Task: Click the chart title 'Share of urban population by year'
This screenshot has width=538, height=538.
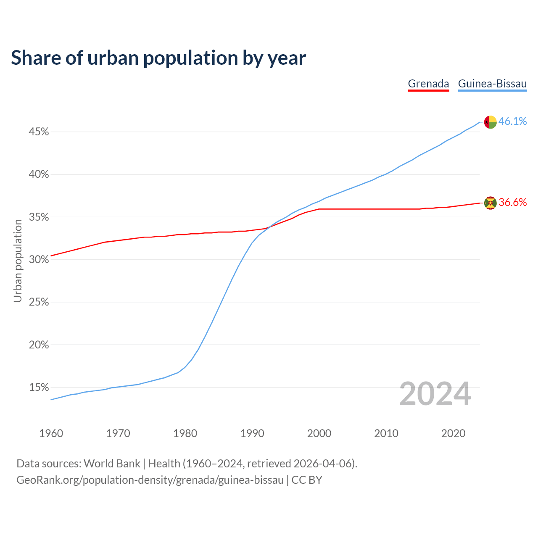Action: (158, 58)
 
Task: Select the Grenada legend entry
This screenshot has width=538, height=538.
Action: (428, 84)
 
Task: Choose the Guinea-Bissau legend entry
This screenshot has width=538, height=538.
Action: (492, 84)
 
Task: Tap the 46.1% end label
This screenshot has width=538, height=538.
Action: (512, 121)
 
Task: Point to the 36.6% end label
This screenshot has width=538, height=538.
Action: (512, 203)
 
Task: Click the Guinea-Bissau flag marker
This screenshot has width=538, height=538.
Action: (491, 122)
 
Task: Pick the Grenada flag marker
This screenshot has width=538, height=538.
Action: (491, 203)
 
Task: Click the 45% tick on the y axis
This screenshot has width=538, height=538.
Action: (39, 132)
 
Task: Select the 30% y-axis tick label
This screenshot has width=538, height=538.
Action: (39, 260)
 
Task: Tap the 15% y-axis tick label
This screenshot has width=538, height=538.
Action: (39, 387)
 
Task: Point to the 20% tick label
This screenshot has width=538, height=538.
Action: (39, 345)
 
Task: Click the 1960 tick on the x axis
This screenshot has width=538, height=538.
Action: (51, 433)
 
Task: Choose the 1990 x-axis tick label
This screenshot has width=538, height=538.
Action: (252, 433)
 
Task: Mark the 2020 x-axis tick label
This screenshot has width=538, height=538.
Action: (453, 433)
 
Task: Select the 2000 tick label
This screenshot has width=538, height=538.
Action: (319, 433)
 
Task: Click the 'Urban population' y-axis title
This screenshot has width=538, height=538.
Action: (18, 261)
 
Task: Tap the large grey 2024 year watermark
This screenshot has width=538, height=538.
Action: (435, 394)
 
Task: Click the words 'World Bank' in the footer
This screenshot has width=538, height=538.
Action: (112, 464)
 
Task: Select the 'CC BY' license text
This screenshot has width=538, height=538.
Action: (307, 480)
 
